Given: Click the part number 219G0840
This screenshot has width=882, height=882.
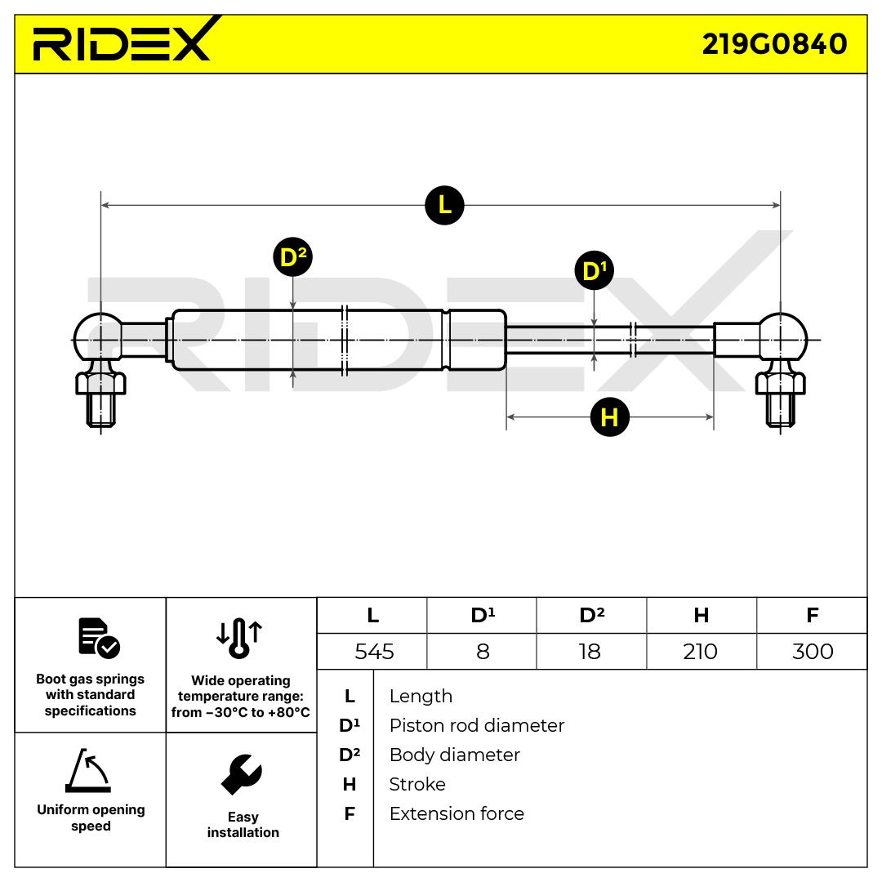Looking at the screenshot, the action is click(774, 43).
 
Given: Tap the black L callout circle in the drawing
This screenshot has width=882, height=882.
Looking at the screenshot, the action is click(444, 204).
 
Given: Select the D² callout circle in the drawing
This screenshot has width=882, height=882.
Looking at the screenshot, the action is click(292, 258).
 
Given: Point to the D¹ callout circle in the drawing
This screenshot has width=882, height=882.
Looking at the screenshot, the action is click(594, 270).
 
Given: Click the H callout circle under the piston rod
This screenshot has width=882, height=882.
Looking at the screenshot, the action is click(609, 417).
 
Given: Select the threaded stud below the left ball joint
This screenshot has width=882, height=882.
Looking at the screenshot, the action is click(100, 408).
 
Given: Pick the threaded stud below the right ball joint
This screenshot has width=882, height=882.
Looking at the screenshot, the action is click(782, 408).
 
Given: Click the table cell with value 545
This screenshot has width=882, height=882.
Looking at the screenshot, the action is click(374, 652).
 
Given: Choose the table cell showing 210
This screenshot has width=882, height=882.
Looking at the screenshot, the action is click(700, 652).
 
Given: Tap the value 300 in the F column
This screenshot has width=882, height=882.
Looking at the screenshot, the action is click(812, 652).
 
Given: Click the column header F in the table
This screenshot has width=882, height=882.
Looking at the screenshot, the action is click(812, 616).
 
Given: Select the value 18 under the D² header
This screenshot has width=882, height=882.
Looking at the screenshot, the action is click(590, 652).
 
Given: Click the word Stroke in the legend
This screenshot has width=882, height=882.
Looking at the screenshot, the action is click(417, 784).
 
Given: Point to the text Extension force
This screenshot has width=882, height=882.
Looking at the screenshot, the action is click(457, 813).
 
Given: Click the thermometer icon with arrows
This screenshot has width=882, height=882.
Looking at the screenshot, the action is click(239, 637).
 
